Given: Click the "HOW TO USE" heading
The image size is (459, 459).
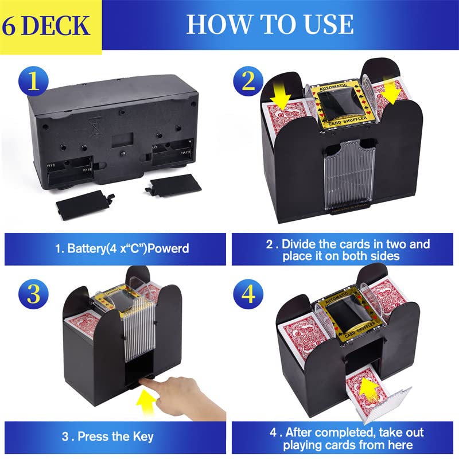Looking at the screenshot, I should point(269,24).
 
